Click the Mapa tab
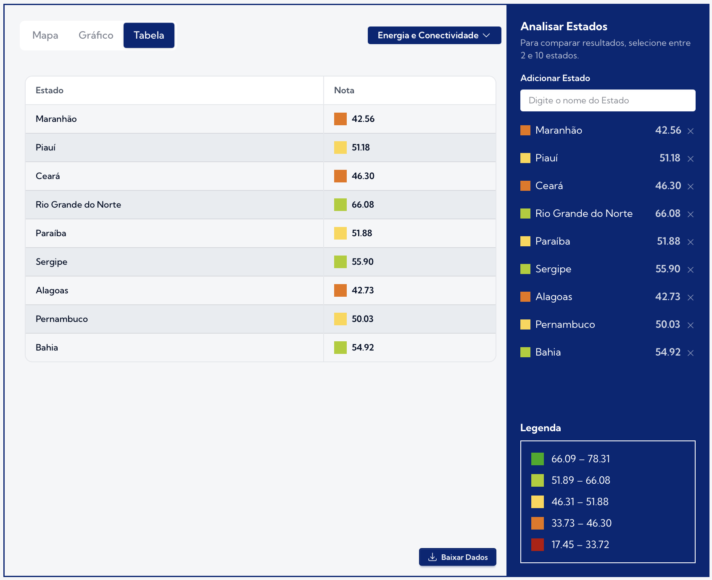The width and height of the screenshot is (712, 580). pyautogui.click(x=45, y=35)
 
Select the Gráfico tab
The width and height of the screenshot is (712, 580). pyautogui.click(x=96, y=35)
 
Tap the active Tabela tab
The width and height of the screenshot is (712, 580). pyautogui.click(x=149, y=35)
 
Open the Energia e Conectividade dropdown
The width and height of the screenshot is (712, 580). pyautogui.click(x=434, y=35)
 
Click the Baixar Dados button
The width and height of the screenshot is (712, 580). pyautogui.click(x=457, y=557)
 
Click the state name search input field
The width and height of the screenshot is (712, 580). pyautogui.click(x=607, y=100)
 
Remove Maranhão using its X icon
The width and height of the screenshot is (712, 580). pyautogui.click(x=690, y=131)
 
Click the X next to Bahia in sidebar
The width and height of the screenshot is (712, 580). pyautogui.click(x=690, y=353)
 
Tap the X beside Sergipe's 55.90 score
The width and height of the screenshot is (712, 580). pyautogui.click(x=690, y=270)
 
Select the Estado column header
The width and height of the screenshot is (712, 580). pyautogui.click(x=50, y=90)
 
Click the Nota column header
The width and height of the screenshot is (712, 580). pyautogui.click(x=344, y=90)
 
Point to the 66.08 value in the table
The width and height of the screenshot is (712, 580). pyautogui.click(x=363, y=205)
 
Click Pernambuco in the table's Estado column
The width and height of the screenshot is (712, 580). pyautogui.click(x=62, y=319)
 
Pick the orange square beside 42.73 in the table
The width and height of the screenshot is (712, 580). pyautogui.click(x=340, y=290)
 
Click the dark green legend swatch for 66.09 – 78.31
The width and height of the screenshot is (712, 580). pyautogui.click(x=537, y=459)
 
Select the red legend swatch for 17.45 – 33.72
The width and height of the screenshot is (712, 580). pyautogui.click(x=537, y=545)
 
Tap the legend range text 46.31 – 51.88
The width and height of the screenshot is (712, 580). pyautogui.click(x=580, y=502)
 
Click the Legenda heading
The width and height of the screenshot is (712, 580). pyautogui.click(x=541, y=428)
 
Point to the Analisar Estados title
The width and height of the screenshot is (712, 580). pyautogui.click(x=564, y=26)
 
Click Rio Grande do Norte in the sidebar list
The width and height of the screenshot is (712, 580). pyautogui.click(x=584, y=214)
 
